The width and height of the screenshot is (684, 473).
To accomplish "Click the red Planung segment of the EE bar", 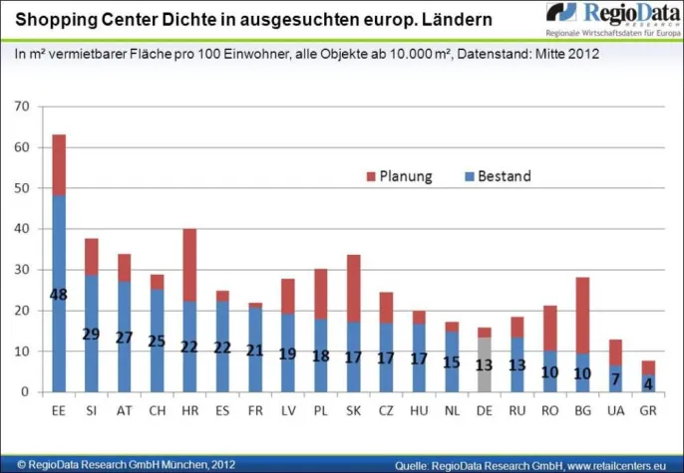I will coord(59,164).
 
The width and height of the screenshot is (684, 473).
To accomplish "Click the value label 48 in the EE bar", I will coord(59,295).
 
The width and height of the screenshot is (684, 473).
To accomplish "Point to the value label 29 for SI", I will coord(92,334).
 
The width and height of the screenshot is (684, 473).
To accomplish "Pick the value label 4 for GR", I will coord(648,382).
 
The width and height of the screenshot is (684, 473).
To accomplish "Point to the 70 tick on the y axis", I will coord(24,107).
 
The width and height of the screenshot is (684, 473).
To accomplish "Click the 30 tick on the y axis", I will coord(24,270).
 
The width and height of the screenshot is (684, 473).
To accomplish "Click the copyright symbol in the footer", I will coord(9,464).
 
